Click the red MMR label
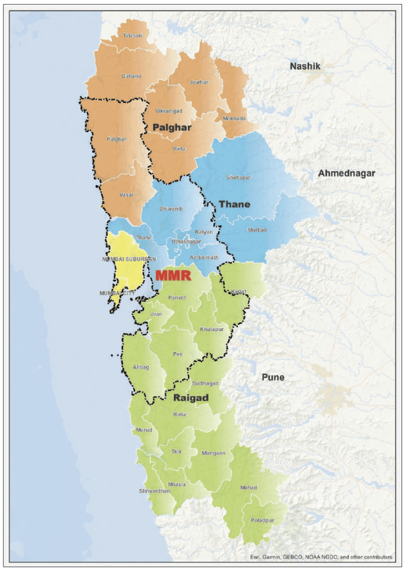(173, 275)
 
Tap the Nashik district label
(305, 66)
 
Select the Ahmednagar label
(347, 174)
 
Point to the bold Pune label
(273, 378)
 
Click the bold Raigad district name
(193, 398)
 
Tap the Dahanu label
(131, 77)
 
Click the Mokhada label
(234, 119)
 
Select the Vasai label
(126, 194)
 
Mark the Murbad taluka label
(258, 230)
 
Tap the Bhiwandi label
(171, 209)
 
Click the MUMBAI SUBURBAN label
(130, 259)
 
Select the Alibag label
(140, 368)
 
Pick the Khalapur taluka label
(212, 330)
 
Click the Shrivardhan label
(155, 491)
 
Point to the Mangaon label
(213, 453)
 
